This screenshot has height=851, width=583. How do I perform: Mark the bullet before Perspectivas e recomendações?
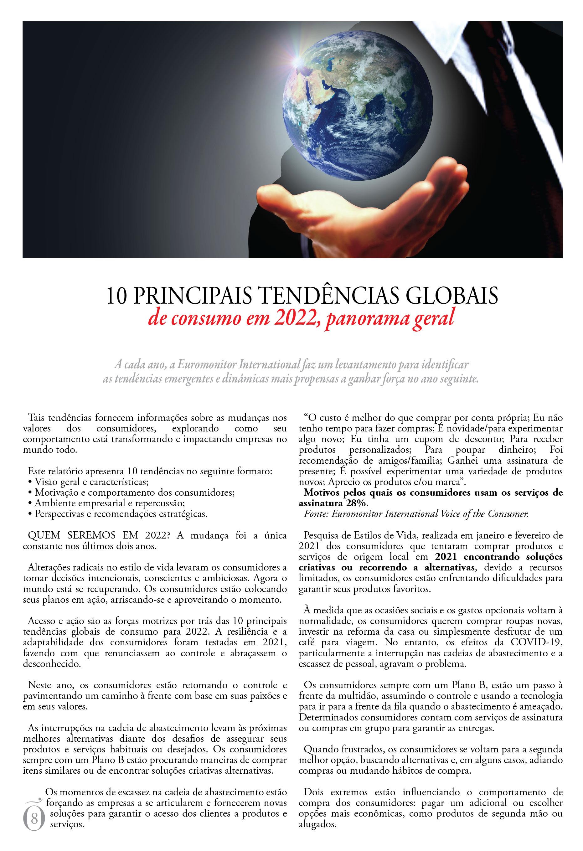(30, 514)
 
